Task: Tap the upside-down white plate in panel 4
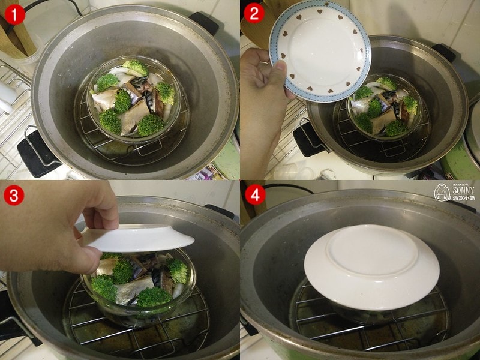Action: coord(371,266)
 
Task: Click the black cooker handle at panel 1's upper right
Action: coord(204,22)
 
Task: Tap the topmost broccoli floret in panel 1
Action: coord(135,67)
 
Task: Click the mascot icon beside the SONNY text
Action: coord(442,192)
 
